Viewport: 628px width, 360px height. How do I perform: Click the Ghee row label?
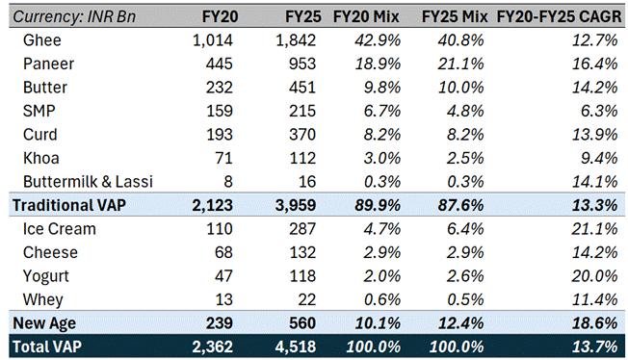(x=42, y=40)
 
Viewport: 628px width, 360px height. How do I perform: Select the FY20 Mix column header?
(x=366, y=16)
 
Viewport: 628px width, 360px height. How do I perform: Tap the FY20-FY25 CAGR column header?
(x=559, y=16)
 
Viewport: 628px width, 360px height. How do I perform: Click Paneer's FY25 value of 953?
(x=302, y=64)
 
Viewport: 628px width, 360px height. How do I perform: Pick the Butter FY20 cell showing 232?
(x=219, y=88)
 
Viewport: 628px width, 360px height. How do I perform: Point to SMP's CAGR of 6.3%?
(x=599, y=111)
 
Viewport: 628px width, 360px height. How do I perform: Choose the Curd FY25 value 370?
(x=302, y=135)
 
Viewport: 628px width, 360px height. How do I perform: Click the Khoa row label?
(x=40, y=158)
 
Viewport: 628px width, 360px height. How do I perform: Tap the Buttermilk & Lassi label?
(x=88, y=182)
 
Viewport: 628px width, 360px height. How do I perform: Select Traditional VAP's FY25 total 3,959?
(x=295, y=205)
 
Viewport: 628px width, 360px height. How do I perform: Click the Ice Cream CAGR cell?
(x=594, y=229)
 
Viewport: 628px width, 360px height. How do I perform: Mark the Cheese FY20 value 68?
(x=223, y=253)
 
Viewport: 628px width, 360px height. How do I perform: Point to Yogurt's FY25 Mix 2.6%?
(x=465, y=276)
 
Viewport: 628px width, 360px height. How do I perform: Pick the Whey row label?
(x=42, y=300)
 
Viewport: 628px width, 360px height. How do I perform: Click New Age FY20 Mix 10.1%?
(x=378, y=323)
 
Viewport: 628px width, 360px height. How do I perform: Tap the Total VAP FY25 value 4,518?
(x=295, y=347)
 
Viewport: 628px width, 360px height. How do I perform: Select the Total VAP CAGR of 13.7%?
(x=594, y=347)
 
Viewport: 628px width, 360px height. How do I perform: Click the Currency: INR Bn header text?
(x=74, y=16)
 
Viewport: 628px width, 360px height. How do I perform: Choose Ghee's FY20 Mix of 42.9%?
(x=378, y=40)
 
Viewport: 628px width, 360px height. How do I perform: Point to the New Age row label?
(x=44, y=323)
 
